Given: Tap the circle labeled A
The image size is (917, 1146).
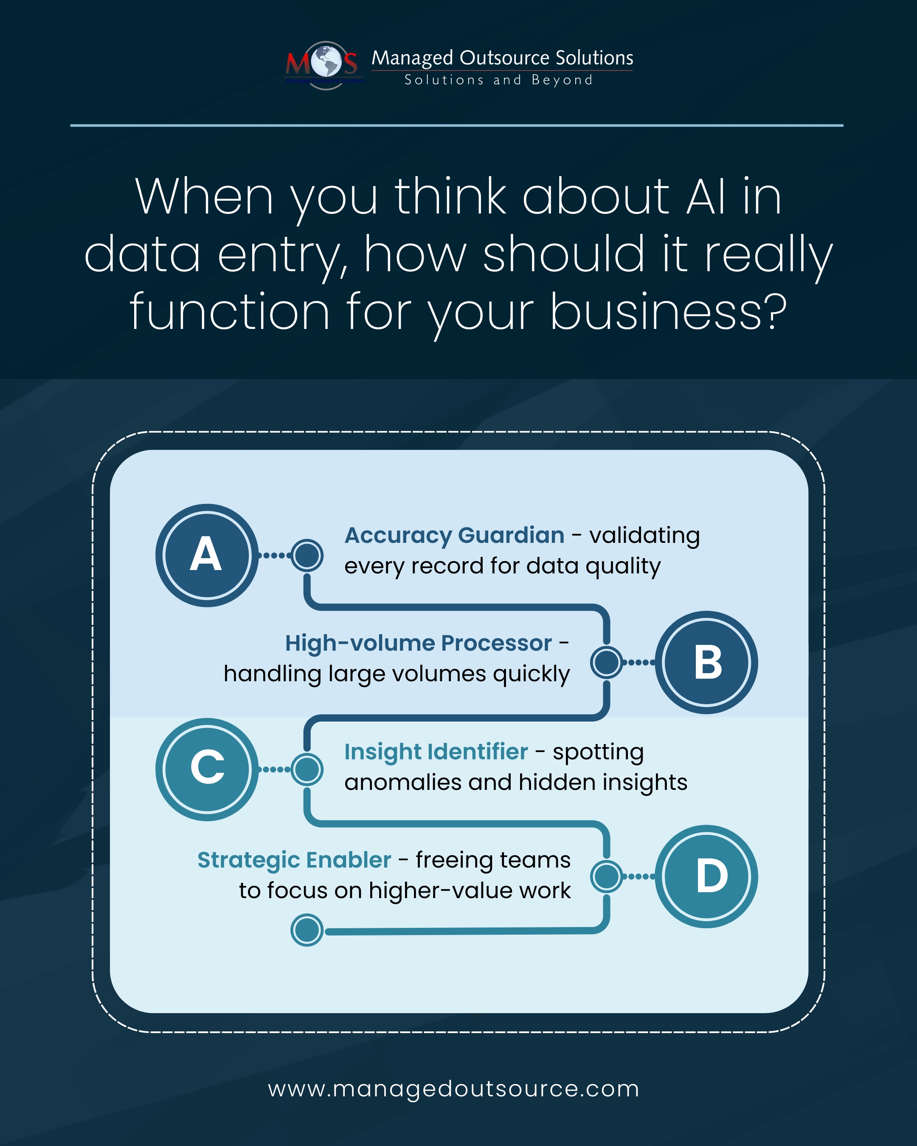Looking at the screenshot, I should (207, 555).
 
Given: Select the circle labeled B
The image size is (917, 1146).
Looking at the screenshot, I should (706, 662).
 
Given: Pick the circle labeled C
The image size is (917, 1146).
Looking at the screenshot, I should (207, 769).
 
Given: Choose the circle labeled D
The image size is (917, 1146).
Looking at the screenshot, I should (706, 876).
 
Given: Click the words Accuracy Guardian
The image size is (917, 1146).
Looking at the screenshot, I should (455, 535).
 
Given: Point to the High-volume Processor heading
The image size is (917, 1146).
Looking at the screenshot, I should (418, 643).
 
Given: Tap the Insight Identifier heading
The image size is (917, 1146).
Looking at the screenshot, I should (436, 752).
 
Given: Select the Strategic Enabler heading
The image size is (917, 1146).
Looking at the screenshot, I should (294, 859).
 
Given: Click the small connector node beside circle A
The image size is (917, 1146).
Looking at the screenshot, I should (307, 556).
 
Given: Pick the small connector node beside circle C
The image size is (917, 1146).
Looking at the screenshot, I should (307, 769).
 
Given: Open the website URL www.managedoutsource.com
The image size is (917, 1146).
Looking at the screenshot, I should (453, 1089).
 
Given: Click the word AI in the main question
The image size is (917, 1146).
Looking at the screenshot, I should (706, 197).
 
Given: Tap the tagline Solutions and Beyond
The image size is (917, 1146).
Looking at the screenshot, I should (498, 80).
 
